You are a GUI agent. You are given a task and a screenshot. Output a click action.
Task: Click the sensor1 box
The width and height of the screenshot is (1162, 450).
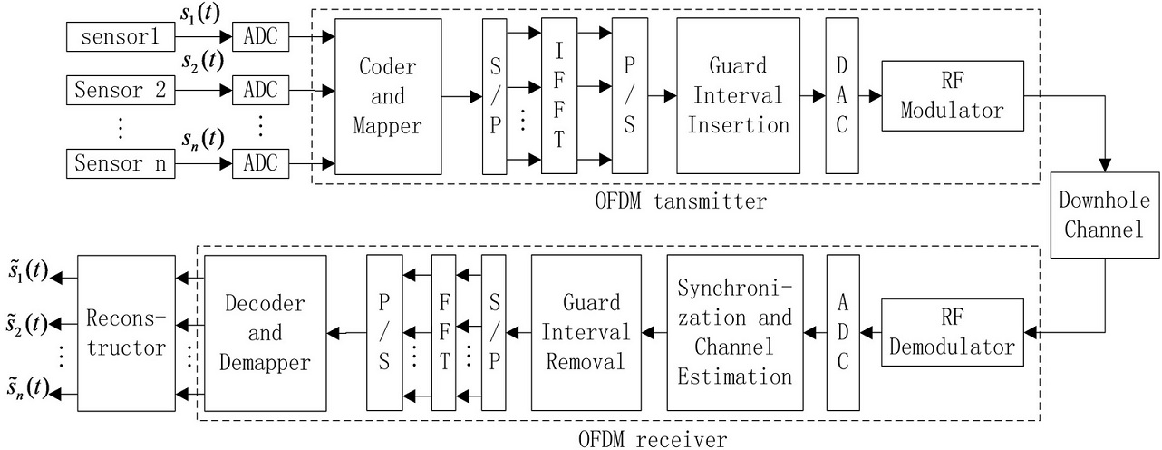tap(120, 38)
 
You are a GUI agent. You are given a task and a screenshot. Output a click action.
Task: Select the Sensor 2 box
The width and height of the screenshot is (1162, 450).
tap(120, 91)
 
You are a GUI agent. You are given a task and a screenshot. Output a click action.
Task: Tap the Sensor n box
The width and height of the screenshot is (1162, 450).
tap(120, 164)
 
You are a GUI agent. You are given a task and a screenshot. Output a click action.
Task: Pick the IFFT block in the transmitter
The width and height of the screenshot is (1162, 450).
tap(559, 96)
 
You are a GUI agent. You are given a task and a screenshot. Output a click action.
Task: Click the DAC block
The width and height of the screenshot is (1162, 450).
tap(842, 96)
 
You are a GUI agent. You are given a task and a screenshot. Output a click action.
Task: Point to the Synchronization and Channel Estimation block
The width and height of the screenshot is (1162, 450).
tap(735, 333)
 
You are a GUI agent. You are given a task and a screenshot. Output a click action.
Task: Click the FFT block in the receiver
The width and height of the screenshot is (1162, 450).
tap(444, 333)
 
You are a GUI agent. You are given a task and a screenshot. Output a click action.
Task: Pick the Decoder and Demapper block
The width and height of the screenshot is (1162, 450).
tap(265, 333)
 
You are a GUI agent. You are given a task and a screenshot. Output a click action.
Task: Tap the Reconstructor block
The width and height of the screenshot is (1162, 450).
tap(126, 333)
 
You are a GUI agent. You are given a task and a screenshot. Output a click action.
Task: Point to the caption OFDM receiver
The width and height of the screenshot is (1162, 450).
tap(652, 440)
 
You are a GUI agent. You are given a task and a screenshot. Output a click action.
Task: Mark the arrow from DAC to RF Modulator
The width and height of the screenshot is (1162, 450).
tap(869, 94)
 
